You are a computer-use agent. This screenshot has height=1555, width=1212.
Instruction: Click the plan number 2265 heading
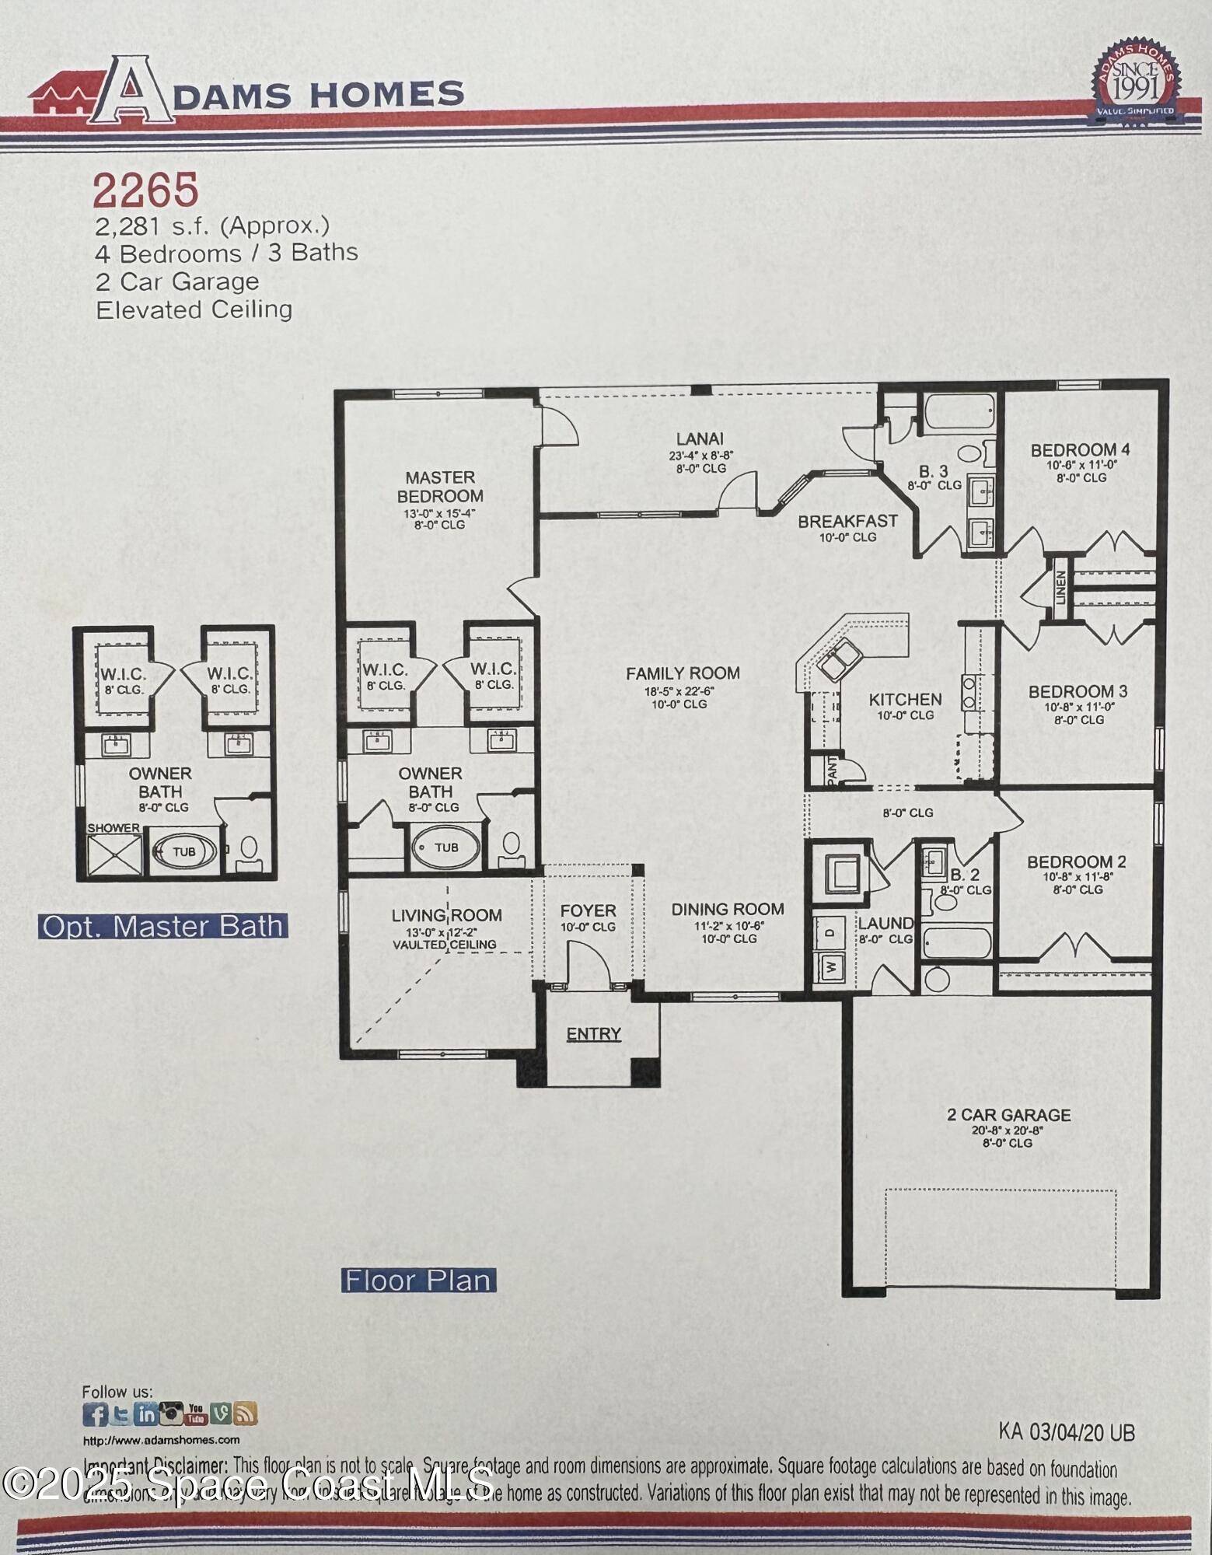pyautogui.click(x=145, y=190)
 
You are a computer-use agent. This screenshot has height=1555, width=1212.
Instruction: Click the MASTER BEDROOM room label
pyautogui.click(x=440, y=487)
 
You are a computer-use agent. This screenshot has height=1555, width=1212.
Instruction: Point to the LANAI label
pyautogui.click(x=700, y=439)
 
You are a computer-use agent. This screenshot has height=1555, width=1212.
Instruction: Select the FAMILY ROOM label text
pyautogui.click(x=683, y=673)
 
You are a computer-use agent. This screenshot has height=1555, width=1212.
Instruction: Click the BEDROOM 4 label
pyautogui.click(x=1080, y=449)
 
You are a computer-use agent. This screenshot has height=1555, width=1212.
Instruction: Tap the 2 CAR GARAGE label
pyautogui.click(x=1008, y=1115)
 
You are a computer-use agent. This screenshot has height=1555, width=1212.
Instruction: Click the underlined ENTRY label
pyautogui.click(x=593, y=1034)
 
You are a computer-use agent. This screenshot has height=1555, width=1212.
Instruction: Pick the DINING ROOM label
pyautogui.click(x=728, y=909)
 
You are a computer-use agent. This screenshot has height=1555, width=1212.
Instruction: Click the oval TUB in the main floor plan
pyautogui.click(x=445, y=847)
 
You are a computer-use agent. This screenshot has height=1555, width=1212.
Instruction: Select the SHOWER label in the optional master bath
pyautogui.click(x=114, y=828)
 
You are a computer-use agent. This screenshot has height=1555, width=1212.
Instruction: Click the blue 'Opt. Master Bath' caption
pyautogui.click(x=162, y=927)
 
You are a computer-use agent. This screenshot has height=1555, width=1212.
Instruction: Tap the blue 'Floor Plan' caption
pyautogui.click(x=418, y=1281)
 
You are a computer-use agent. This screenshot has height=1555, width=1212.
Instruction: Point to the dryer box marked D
pyautogui.click(x=830, y=931)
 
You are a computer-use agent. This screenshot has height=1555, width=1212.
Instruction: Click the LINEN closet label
pyautogui.click(x=1060, y=588)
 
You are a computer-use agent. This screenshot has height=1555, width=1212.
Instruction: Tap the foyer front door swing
pyautogui.click(x=588, y=964)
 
